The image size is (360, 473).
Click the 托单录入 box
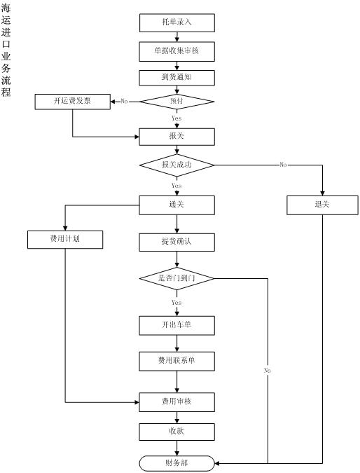(177, 22)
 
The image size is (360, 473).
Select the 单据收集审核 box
(177, 52)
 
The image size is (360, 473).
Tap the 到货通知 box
(177, 78)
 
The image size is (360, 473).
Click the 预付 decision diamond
(177, 102)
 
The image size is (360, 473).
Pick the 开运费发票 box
(73, 102)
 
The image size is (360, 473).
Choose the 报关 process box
(177, 137)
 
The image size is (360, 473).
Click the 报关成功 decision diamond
(177, 165)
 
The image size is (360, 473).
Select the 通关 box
(177, 205)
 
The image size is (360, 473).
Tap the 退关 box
(322, 205)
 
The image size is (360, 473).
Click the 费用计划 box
(65, 240)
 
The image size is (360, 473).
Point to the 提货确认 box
(177, 242)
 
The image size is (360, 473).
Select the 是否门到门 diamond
(177, 278)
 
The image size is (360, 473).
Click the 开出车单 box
(177, 325)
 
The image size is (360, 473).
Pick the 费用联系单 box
(177, 361)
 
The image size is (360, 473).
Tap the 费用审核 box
(177, 402)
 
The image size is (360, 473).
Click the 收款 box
(177, 432)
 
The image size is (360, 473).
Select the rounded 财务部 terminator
(177, 463)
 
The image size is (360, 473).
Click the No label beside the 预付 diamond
(124, 102)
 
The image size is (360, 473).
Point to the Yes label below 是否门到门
(176, 303)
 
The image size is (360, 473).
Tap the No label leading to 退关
(283, 165)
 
